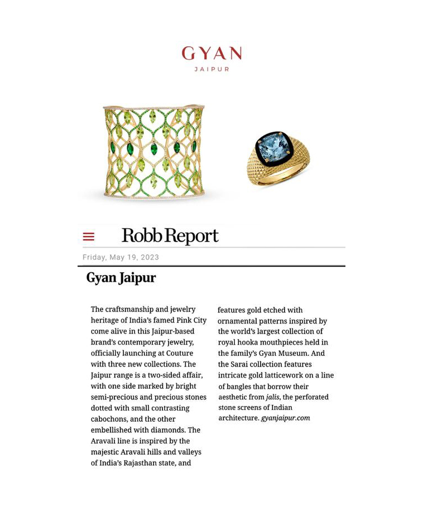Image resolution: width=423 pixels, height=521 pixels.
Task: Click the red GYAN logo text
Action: point(212,54)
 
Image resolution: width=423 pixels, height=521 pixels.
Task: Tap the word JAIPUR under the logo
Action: point(212,69)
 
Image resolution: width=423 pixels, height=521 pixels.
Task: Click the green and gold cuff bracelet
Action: point(153,151)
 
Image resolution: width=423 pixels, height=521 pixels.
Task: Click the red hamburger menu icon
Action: point(88,237)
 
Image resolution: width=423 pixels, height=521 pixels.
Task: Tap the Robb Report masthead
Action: point(170,236)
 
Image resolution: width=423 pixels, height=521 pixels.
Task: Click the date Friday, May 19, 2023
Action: point(121,257)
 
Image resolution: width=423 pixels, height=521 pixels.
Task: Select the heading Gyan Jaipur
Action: point(121,278)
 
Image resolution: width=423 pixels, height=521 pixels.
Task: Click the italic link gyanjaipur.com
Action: point(285,418)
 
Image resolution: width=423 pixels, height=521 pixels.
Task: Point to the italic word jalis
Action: point(272,397)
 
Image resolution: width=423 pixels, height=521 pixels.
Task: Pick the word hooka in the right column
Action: point(248,342)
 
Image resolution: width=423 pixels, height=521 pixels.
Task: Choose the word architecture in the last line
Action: point(238,418)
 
